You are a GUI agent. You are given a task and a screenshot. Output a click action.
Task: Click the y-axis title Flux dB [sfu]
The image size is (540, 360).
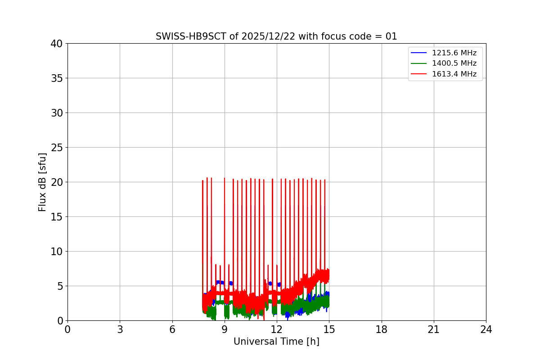click(42, 182)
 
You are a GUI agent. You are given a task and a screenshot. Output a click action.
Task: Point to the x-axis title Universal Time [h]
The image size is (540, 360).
click(276, 342)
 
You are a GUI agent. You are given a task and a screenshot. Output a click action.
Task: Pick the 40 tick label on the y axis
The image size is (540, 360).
click(57, 44)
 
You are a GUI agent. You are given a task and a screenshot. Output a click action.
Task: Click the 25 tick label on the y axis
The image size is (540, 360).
click(57, 148)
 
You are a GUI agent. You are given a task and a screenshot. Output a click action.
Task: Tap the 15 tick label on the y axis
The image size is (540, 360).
click(57, 217)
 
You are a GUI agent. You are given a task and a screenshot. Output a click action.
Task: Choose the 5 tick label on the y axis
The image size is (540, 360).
click(59, 286)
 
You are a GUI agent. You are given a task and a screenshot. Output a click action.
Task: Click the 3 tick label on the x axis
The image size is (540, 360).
click(120, 329)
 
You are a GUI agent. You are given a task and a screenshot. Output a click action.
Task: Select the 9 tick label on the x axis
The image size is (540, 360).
click(225, 329)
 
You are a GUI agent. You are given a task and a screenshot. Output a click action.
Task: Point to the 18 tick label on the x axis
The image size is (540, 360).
click(382, 329)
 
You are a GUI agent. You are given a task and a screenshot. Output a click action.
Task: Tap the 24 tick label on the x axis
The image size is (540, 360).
click(486, 329)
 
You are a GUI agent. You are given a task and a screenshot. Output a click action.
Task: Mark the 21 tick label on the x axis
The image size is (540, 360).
click(434, 329)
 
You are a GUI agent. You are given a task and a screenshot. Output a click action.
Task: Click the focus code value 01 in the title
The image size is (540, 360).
click(391, 36)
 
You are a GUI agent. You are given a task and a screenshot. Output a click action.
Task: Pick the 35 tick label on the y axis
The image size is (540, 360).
click(57, 78)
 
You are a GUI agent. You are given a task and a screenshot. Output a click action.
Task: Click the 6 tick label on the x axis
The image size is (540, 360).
click(172, 329)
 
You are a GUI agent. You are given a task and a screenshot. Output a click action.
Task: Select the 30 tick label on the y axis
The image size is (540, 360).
click(57, 113)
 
